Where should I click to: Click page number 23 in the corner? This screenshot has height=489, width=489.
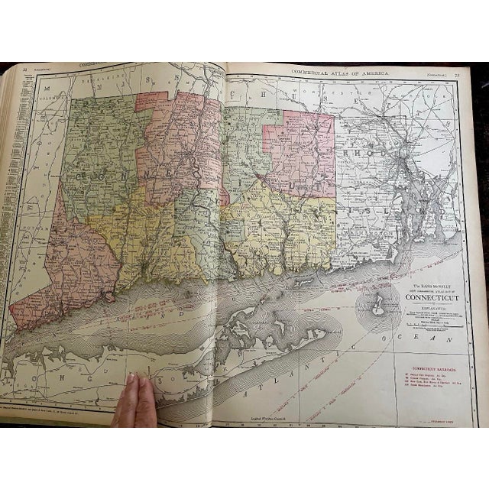click(x=457, y=74)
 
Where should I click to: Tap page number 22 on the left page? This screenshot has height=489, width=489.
click(x=25, y=70)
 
